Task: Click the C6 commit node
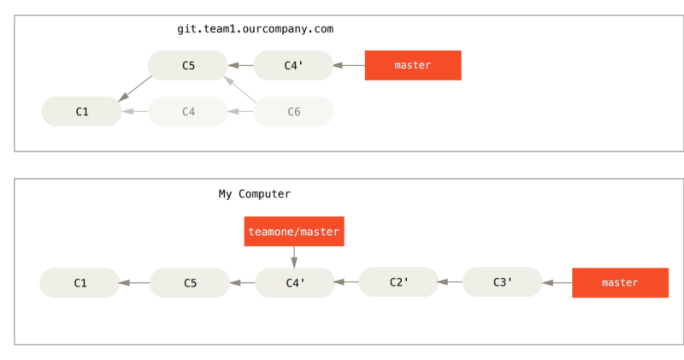point(293,111)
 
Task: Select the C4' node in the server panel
point(293,65)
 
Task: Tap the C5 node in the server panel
point(188,65)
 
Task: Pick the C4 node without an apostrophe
point(188,111)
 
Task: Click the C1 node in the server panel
point(82,111)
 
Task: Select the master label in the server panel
point(412,65)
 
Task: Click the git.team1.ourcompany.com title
point(255,29)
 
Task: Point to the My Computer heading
point(255,194)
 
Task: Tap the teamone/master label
point(293,232)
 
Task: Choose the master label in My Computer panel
point(620,282)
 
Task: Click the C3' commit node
point(503,282)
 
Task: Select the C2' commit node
point(398,282)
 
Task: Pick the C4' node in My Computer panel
point(295,282)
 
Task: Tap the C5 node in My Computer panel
point(190,282)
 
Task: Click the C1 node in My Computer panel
point(80,282)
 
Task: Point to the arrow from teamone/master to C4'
point(293,257)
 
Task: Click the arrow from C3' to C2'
point(450,281)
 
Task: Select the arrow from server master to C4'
point(348,65)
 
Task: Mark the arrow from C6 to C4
point(240,111)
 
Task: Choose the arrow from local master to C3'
point(557,282)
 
